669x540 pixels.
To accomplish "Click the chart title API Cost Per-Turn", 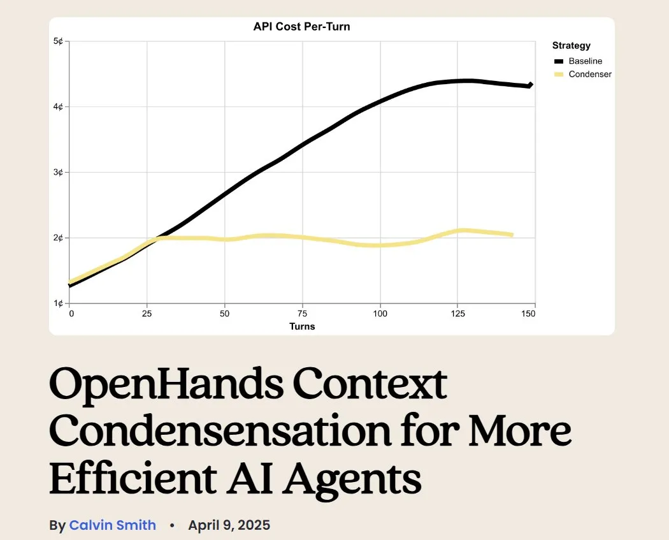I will click(x=301, y=27).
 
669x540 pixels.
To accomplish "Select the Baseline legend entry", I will click(x=585, y=61).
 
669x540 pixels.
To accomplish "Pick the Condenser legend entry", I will click(x=589, y=74).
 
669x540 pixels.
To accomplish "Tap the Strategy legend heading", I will click(x=571, y=45).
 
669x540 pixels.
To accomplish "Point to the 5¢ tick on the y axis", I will click(x=58, y=41).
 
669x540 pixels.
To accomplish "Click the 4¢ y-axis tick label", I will click(x=58, y=106).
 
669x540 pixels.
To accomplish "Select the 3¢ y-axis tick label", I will click(x=58, y=172).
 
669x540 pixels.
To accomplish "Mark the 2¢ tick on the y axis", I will click(x=58, y=238).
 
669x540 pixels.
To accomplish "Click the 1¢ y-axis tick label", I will click(x=58, y=303).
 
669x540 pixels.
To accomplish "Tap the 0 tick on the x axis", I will click(x=71, y=314).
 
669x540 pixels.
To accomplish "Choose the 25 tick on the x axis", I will click(x=147, y=314).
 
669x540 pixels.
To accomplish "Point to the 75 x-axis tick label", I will click(x=303, y=314).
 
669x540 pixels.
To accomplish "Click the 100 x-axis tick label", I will click(x=380, y=314).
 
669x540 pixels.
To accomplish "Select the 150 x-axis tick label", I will click(x=528, y=314).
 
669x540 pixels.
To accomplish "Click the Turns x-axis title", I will click(x=302, y=326).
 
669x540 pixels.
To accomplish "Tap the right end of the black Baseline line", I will click(x=531, y=85).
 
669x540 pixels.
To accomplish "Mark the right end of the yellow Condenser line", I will click(x=512, y=235).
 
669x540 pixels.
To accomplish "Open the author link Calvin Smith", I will click(x=112, y=525).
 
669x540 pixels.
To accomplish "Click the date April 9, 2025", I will click(x=229, y=525).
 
